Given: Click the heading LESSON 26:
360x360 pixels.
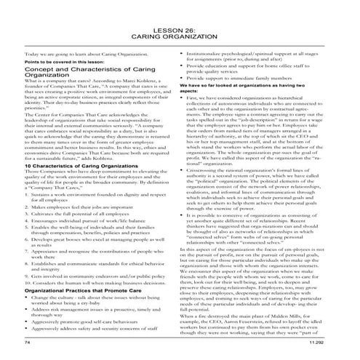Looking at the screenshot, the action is click(179, 26).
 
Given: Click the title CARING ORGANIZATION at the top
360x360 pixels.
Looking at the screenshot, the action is click(179, 34).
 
